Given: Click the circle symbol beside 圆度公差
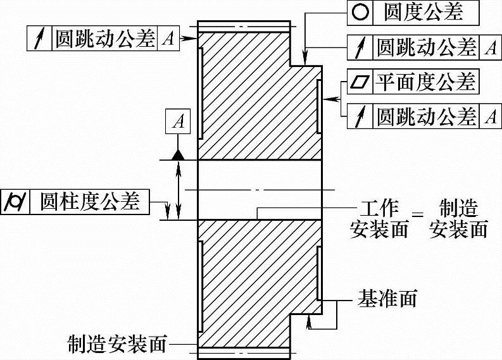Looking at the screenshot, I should click(x=358, y=11).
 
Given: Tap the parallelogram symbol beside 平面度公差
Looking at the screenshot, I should click(x=358, y=82).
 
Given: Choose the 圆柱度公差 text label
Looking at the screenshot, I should click(x=89, y=201).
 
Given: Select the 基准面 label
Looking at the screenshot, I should click(x=387, y=298).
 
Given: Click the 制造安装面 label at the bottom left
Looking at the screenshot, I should click(x=117, y=345).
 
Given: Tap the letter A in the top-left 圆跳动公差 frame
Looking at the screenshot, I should click(x=168, y=39).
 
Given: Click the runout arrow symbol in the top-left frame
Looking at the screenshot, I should click(x=39, y=39).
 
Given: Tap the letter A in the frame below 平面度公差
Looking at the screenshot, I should click(x=489, y=116).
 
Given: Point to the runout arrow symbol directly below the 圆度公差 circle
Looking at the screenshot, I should click(x=358, y=46).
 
